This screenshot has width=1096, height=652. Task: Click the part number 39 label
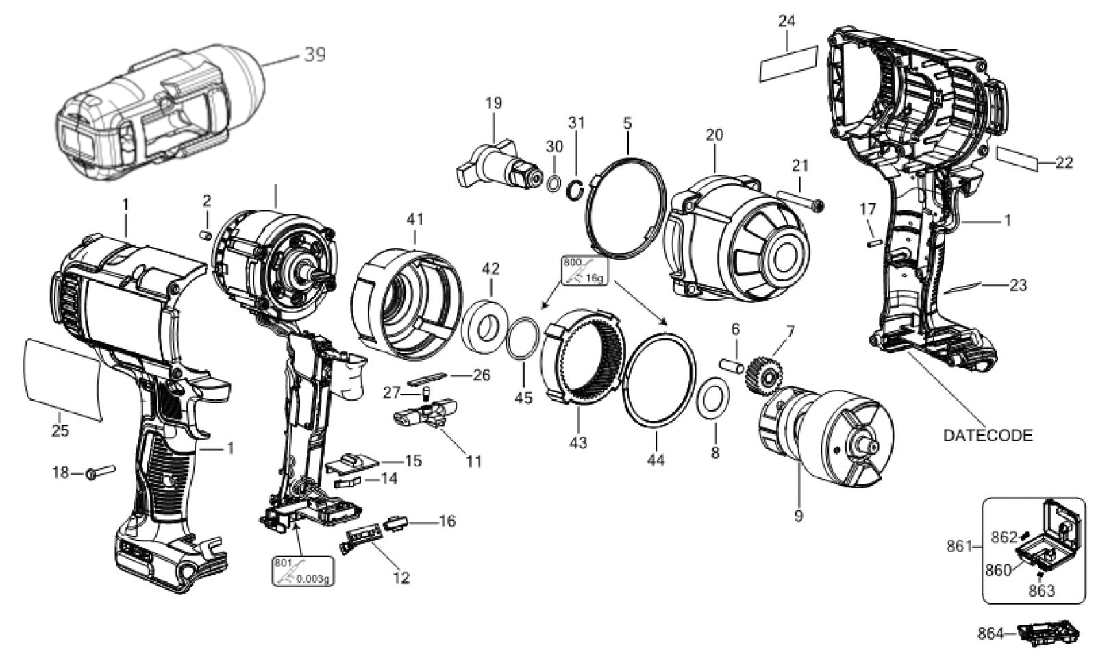coord(314,54)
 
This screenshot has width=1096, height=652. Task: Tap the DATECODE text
coord(987,436)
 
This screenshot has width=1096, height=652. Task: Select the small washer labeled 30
coord(554,184)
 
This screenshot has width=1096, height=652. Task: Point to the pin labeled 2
coord(206,236)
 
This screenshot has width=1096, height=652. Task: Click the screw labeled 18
coord(100,473)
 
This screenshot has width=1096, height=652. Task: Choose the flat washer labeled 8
coord(712,398)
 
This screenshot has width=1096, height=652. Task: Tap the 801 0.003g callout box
coord(302,570)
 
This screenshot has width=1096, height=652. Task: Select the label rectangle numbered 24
coord(788,64)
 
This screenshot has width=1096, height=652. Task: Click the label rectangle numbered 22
coord(1018,158)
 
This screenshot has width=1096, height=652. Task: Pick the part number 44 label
coord(656,460)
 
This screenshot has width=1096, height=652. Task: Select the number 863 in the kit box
coord(1041,591)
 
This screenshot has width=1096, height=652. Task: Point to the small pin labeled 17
coord(874,242)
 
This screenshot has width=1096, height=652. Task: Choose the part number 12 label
coord(401,577)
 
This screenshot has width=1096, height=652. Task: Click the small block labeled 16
coord(397,524)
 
